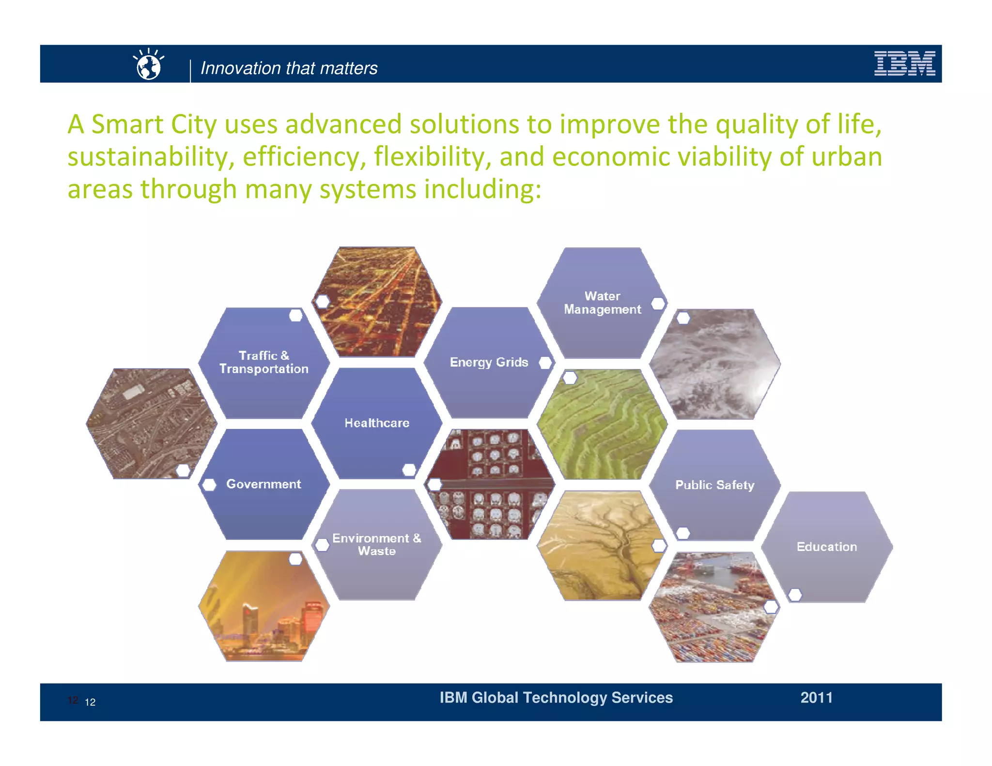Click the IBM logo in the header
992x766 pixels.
(x=904, y=63)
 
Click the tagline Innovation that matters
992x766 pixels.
(x=289, y=68)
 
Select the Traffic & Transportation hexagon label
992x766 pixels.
(x=264, y=362)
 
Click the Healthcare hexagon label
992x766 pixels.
(x=377, y=423)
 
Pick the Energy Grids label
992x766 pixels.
(x=489, y=362)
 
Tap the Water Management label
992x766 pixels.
(x=602, y=303)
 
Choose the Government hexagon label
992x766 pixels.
(x=263, y=484)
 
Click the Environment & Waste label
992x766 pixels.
(x=376, y=544)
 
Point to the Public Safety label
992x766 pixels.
(x=714, y=485)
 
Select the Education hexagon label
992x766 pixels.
(x=826, y=547)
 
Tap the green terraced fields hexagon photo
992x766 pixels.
(x=602, y=424)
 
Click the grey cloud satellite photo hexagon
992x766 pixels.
(x=715, y=364)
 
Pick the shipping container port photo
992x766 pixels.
(x=714, y=608)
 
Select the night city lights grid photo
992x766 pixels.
(x=377, y=302)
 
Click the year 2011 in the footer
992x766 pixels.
(x=816, y=697)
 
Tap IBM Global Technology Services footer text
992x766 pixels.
(x=556, y=697)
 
